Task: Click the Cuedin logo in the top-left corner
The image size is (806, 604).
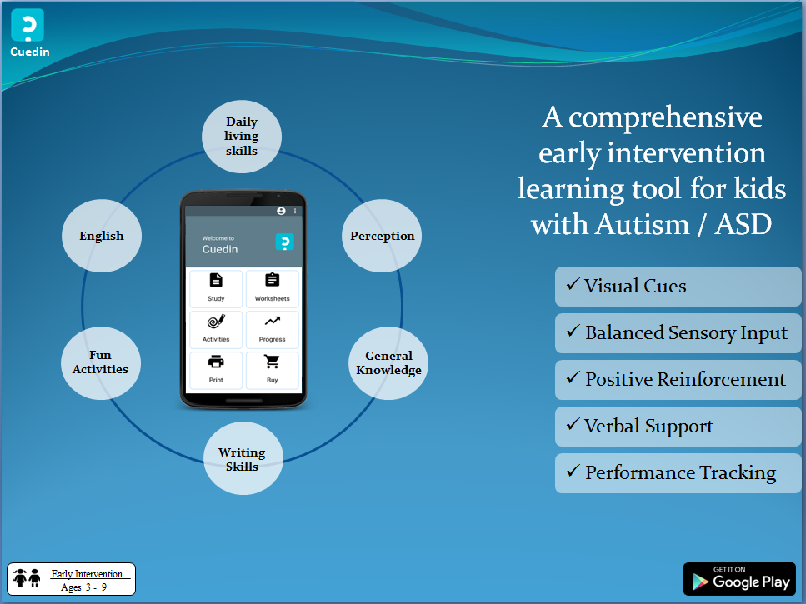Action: coord(28,25)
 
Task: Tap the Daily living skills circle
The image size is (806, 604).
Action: coord(242,137)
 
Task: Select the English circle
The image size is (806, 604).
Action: coord(101,236)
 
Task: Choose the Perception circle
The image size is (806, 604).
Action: coord(382,236)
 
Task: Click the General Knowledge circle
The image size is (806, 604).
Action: coord(388,363)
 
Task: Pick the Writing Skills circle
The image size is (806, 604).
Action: coord(243,459)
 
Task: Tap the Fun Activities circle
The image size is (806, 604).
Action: coord(101,363)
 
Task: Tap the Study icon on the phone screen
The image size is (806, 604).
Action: coord(216,280)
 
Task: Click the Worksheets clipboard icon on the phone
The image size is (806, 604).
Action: coord(273,280)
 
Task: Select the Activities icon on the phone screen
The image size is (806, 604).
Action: coord(216,322)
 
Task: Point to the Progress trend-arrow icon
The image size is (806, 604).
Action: coord(273,322)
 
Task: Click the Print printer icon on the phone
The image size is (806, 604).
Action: coord(216,362)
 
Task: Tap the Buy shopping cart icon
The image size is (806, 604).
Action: coord(272,362)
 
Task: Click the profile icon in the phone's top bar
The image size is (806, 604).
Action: coord(281,211)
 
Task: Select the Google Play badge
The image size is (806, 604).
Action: coord(739,579)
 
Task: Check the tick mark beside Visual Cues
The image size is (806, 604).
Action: coord(573,284)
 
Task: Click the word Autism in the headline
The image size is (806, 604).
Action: coord(643,224)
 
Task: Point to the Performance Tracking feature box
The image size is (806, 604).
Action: coord(678,473)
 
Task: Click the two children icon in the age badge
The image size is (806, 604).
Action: coord(28,578)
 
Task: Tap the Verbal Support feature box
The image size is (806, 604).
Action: coord(678,427)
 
